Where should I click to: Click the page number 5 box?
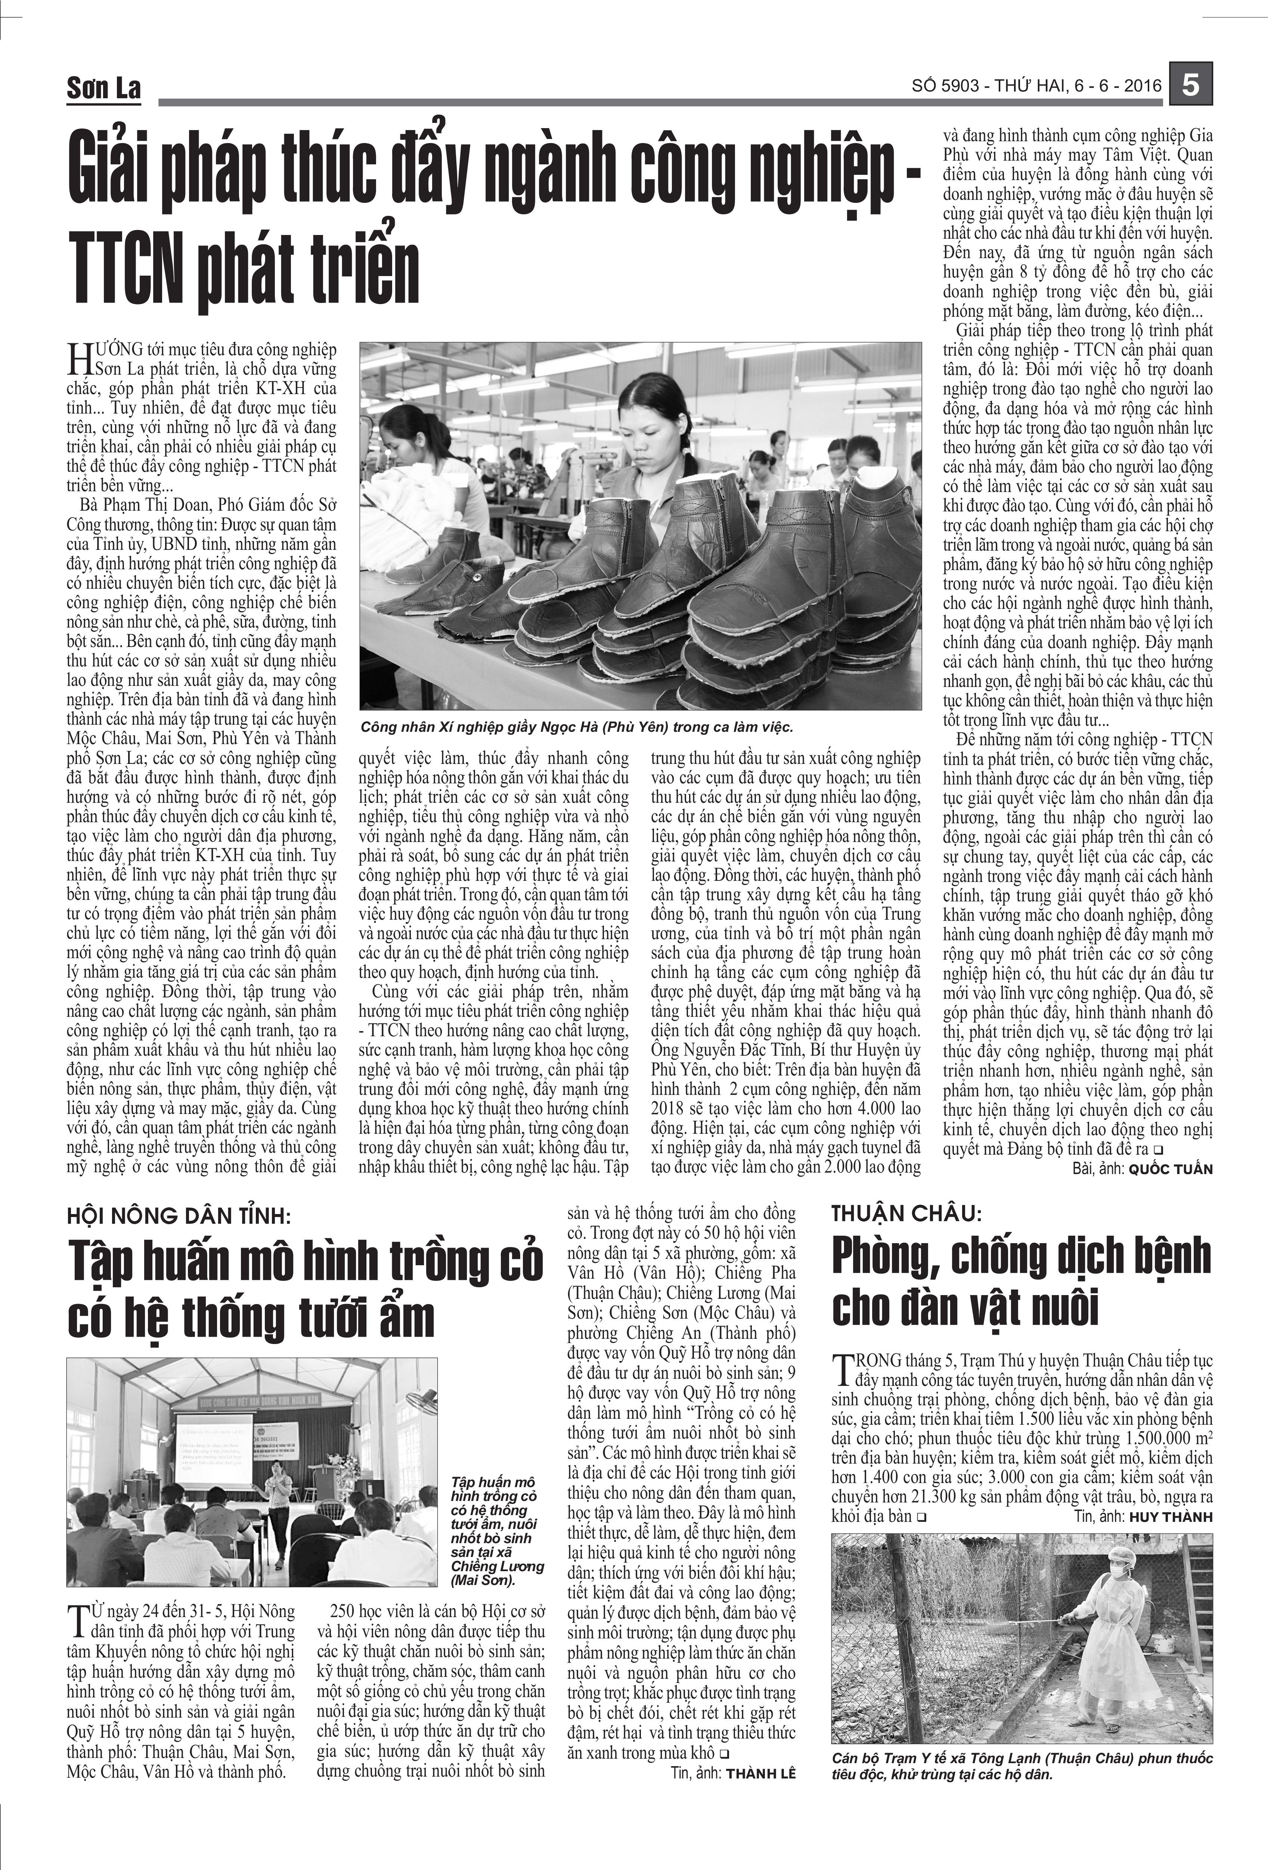[1191, 85]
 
